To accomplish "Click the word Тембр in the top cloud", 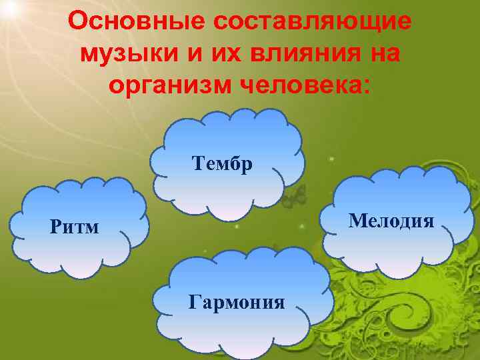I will point(221,163).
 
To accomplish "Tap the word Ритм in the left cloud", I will point(74,227).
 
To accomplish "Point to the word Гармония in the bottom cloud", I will point(237,303).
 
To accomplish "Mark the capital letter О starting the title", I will point(77,22).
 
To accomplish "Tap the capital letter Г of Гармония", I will point(194,303).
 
